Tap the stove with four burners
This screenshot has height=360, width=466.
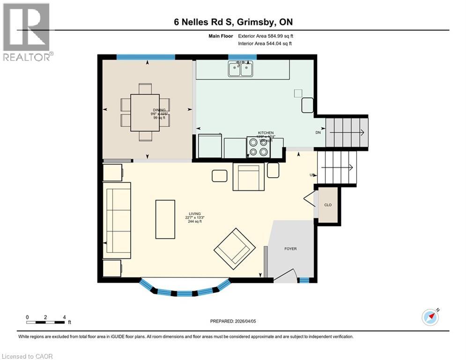pyautogui.click(x=259, y=147)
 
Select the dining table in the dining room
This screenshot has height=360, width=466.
pyautogui.click(x=145, y=112)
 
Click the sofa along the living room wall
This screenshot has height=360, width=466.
pyautogui.click(x=118, y=221)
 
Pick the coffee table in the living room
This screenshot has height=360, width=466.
pyautogui.click(x=165, y=219)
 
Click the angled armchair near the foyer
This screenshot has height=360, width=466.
pyautogui.click(x=235, y=249)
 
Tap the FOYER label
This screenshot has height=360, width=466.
pyautogui.click(x=290, y=249)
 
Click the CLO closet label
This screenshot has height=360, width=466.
pyautogui.click(x=328, y=205)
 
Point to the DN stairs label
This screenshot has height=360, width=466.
pyautogui.click(x=318, y=133)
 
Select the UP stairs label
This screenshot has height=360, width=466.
pyautogui.click(x=311, y=175)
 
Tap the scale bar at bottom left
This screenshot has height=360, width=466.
pyautogui.click(x=46, y=322)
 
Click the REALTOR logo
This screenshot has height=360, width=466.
pyautogui.click(x=26, y=32)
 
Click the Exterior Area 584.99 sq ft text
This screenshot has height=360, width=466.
pyautogui.click(x=266, y=36)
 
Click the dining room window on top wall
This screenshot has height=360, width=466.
pyautogui.click(x=145, y=57)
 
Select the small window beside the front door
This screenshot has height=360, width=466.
pyautogui.click(x=304, y=280)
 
